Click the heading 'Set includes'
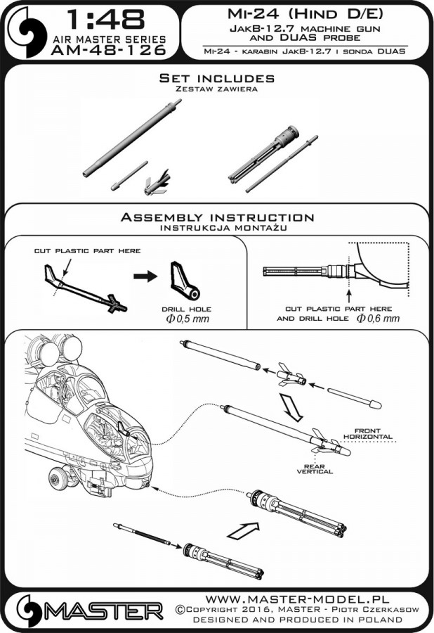216,78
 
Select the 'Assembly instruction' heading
216,217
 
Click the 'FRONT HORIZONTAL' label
373,433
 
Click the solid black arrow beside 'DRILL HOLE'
145,276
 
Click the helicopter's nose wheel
58,479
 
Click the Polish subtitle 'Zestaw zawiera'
216,90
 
